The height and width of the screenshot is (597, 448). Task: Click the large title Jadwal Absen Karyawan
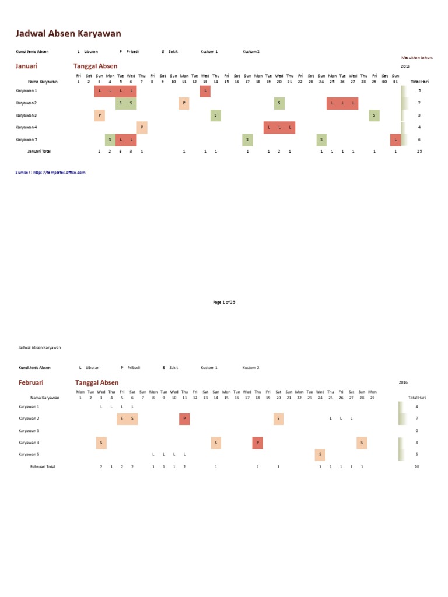tap(68, 34)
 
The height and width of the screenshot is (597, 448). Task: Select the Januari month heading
tap(27, 66)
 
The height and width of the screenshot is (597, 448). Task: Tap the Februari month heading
tap(31, 382)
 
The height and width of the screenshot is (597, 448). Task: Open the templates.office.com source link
tap(51, 173)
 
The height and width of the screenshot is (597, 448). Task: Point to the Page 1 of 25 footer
tap(224, 302)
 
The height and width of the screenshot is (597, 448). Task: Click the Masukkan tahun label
tap(417, 58)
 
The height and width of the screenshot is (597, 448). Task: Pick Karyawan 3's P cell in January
tap(100, 115)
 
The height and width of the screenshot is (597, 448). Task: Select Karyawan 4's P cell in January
tap(142, 127)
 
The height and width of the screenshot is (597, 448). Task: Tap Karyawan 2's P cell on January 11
tap(184, 103)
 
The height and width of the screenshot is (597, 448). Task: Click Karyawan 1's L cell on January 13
tap(205, 91)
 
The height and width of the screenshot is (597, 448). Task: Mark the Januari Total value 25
tap(419, 151)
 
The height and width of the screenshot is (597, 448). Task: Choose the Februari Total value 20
tap(417, 467)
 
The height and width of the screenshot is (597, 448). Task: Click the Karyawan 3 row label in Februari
tap(29, 430)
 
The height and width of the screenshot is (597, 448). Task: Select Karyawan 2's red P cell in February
tap(184, 419)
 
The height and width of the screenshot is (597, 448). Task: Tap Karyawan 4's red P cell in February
tap(258, 443)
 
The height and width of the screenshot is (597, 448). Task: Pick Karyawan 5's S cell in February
tap(320, 455)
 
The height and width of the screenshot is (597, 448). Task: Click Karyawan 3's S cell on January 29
tap(374, 115)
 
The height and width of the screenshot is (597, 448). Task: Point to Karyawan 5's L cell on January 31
tap(395, 139)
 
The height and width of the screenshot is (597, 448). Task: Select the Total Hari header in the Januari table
tap(419, 82)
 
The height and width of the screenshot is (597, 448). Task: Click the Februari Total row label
tap(43, 467)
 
